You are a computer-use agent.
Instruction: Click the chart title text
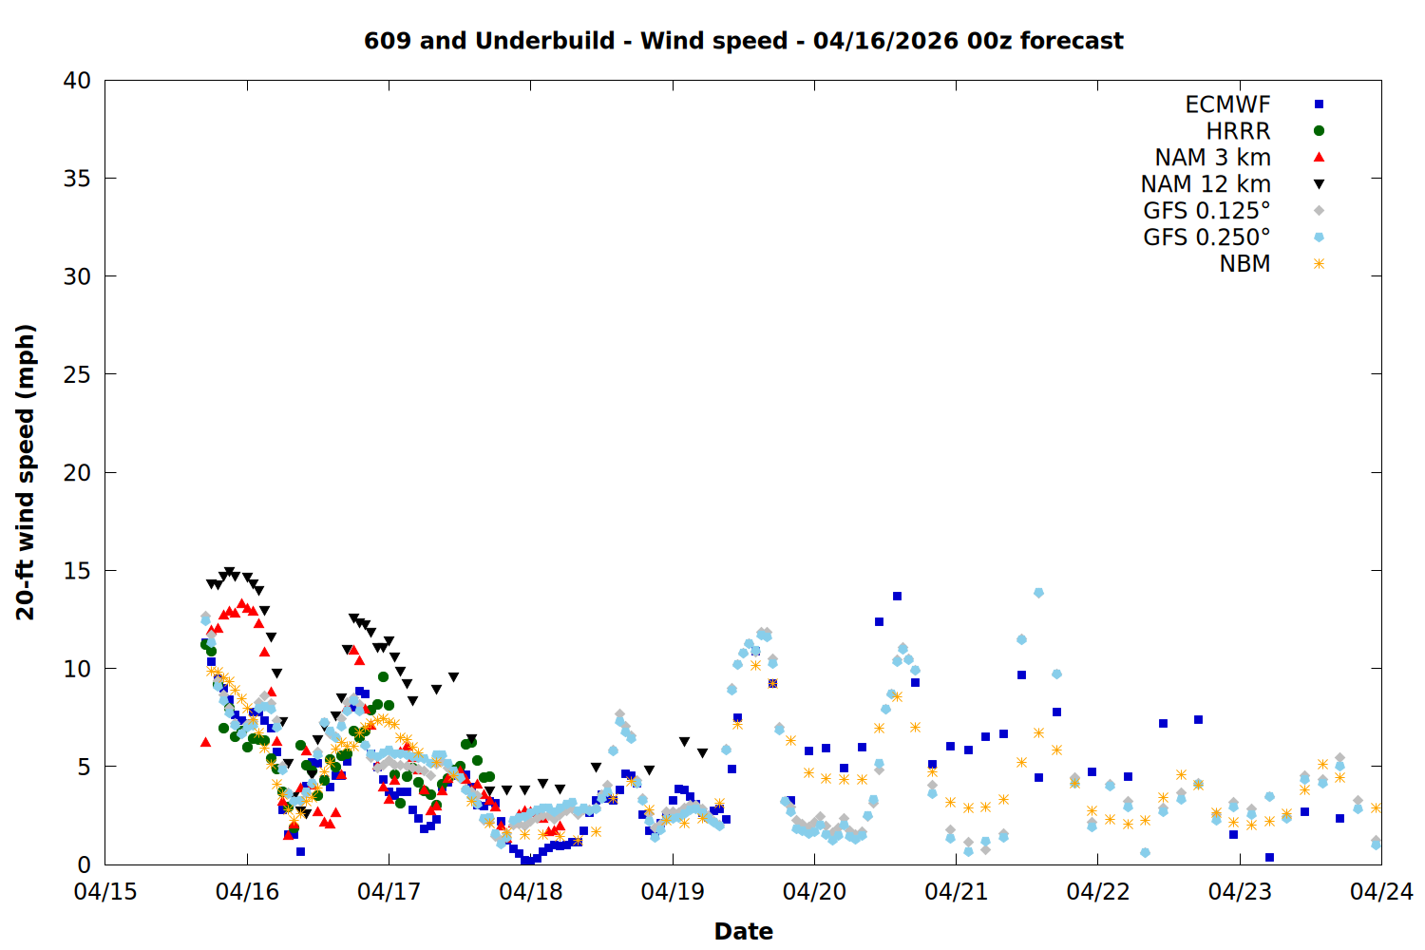[x=743, y=41]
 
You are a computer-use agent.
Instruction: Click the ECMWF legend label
[x=1227, y=104]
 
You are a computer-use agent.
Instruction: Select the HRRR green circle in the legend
[x=1319, y=131]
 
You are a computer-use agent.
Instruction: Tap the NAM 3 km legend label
[x=1212, y=158]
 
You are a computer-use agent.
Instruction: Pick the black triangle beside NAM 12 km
[x=1319, y=184]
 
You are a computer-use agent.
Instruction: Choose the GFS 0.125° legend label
[x=1206, y=211]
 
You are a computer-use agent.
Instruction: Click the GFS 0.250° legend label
[x=1206, y=237]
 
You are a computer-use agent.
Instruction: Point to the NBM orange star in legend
[x=1319, y=264]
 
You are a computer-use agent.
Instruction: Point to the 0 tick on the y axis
[x=84, y=864]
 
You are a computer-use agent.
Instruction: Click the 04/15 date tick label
[x=105, y=892]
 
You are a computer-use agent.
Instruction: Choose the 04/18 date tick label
[x=531, y=892]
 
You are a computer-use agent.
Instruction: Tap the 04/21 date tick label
[x=956, y=892]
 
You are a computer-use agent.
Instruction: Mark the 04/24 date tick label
[x=1381, y=892]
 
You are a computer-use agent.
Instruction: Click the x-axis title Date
[x=743, y=931]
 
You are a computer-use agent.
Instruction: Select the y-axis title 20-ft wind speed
[x=26, y=472]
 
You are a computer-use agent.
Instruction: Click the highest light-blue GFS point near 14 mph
[x=1038, y=593]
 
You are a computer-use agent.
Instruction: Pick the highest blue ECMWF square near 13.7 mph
[x=897, y=597]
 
